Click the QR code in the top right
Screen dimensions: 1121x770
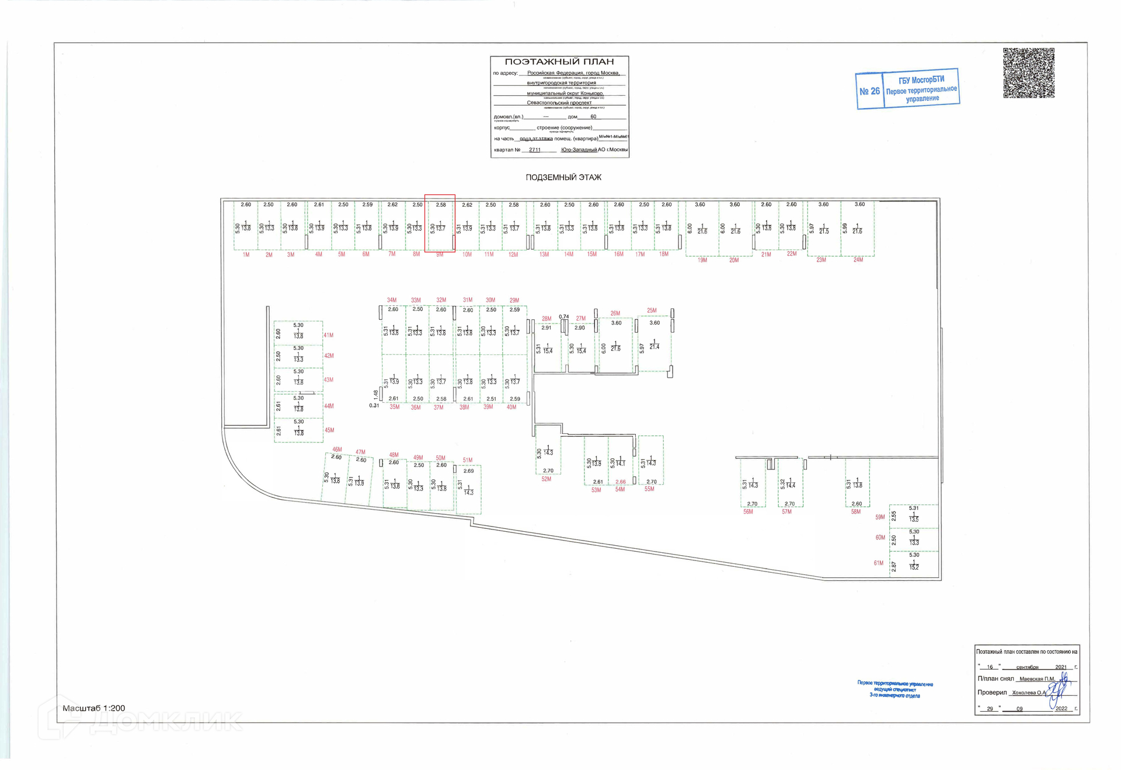click(1028, 73)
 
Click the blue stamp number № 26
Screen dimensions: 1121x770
click(869, 91)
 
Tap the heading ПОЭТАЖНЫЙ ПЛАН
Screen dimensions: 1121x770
click(559, 62)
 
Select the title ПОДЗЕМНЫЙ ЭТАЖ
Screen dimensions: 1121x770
click(563, 177)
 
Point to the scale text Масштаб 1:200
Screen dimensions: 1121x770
click(93, 708)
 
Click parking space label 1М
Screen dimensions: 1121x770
click(246, 255)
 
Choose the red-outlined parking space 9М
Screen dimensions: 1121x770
click(440, 224)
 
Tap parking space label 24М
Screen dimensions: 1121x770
click(858, 260)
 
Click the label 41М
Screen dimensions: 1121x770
click(329, 335)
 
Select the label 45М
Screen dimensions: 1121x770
click(329, 430)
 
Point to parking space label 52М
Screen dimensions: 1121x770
click(546, 479)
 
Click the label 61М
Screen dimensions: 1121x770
click(879, 563)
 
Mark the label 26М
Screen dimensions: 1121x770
click(615, 313)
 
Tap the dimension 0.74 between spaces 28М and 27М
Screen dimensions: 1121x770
click(563, 317)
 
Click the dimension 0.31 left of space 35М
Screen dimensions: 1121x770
click(374, 405)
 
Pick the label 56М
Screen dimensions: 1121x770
click(748, 511)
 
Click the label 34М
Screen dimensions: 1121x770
click(392, 300)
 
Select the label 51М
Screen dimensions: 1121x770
click(468, 460)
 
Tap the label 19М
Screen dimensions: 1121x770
click(702, 260)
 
